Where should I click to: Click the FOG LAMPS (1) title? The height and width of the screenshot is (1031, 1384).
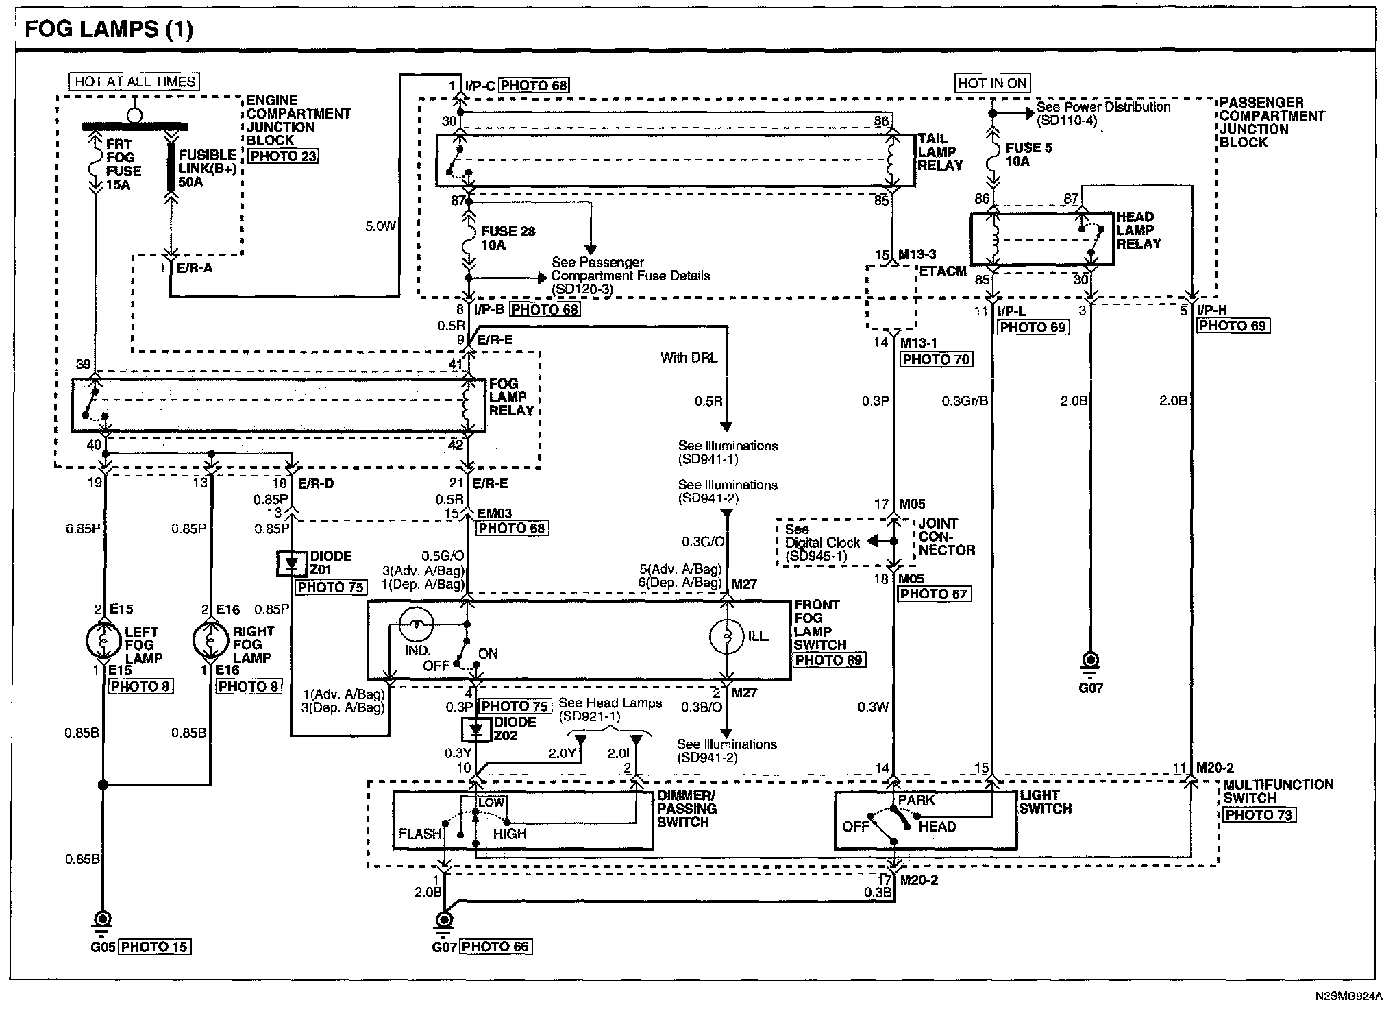point(109,29)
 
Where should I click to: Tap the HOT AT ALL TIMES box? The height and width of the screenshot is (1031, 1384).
point(135,82)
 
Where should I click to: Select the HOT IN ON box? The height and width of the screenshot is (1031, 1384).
point(993,83)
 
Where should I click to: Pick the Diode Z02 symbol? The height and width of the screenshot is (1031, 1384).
point(477,730)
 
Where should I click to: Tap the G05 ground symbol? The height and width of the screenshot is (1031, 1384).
point(103,921)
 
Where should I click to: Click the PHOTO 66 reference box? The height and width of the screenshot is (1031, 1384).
point(496,947)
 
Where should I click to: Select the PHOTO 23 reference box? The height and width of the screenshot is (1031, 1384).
point(283,156)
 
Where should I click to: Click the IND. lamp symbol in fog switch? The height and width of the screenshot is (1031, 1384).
point(416,624)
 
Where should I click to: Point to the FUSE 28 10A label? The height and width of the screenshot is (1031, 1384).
point(508,239)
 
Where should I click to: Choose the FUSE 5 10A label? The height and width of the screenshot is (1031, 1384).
point(1028,154)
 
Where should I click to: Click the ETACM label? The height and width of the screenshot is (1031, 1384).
point(943,271)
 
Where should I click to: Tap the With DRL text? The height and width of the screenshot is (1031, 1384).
point(689,358)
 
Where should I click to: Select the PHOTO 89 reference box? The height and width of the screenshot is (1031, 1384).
point(829,660)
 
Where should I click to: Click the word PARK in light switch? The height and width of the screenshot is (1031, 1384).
point(917,800)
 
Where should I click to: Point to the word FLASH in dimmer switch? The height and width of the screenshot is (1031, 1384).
point(420,834)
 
